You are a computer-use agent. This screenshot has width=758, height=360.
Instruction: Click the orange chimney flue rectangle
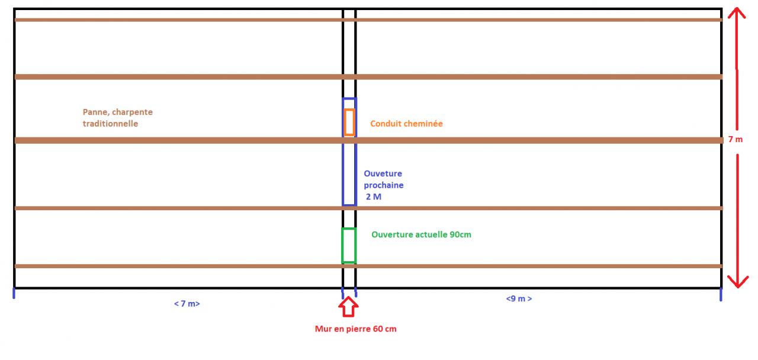349,123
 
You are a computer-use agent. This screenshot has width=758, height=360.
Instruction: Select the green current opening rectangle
349,246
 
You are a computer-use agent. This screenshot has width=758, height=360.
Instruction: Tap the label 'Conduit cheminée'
406,124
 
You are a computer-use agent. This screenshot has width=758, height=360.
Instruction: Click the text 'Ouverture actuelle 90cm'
421,234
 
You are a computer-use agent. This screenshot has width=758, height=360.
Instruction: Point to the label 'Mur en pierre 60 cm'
355,329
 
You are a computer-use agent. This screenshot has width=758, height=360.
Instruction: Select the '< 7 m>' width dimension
187,304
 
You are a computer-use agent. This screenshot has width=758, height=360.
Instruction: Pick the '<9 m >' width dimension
519,299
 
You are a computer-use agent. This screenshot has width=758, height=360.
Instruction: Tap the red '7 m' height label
735,140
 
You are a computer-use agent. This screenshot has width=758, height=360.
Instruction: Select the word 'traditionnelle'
110,124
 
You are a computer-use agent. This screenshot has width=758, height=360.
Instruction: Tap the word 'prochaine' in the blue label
384,185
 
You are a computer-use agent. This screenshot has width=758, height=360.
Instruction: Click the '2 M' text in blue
374,197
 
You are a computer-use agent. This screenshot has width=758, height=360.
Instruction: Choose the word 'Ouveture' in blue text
383,173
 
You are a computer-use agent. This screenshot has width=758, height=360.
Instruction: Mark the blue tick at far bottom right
721,294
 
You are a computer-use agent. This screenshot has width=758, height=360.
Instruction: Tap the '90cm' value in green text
460,234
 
